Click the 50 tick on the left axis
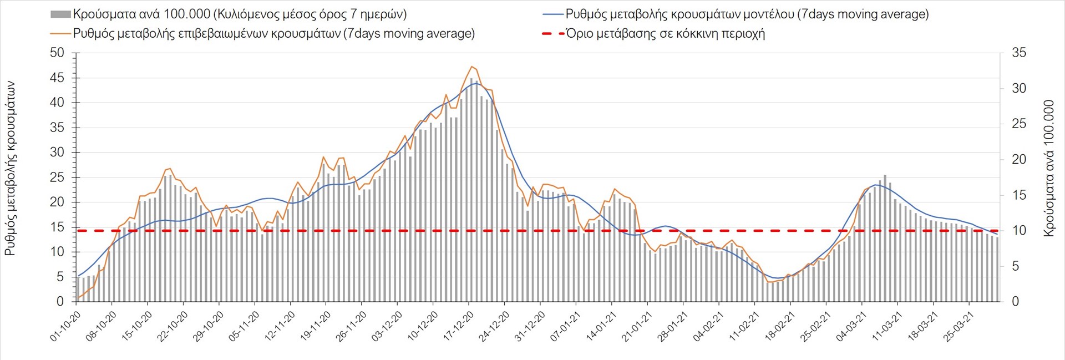[57, 53]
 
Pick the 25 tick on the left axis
[57, 178]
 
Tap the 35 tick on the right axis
[1019, 53]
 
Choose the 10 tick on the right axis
[1019, 231]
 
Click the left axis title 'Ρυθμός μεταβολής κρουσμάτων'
[10, 168]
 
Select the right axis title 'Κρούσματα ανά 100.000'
[1048, 168]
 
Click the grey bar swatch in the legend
[60, 14]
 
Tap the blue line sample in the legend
[552, 14]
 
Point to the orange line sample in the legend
[60, 34]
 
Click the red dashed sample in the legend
[552, 34]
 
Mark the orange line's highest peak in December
[471, 67]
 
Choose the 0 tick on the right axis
[1015, 302]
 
